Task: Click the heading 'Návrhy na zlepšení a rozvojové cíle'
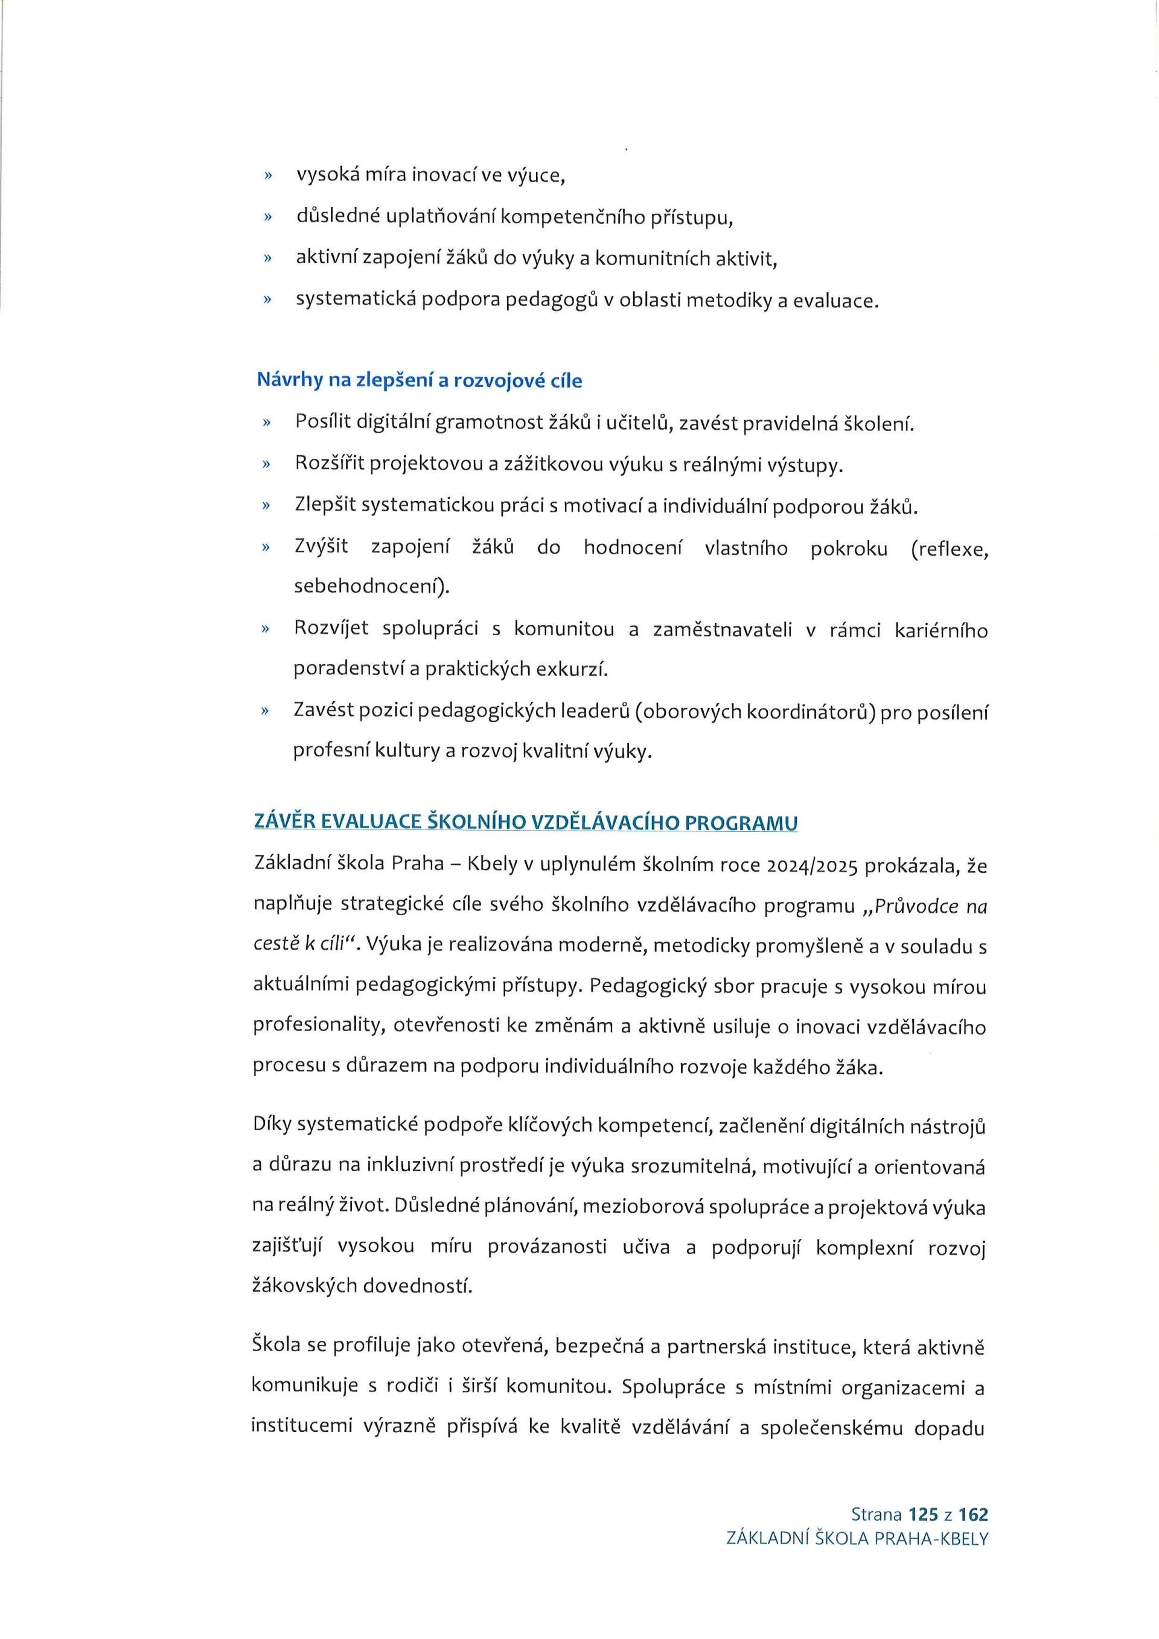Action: coord(419,380)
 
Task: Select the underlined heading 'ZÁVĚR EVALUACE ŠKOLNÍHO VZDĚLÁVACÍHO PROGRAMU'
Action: coord(525,823)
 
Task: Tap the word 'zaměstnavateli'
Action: coord(722,630)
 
